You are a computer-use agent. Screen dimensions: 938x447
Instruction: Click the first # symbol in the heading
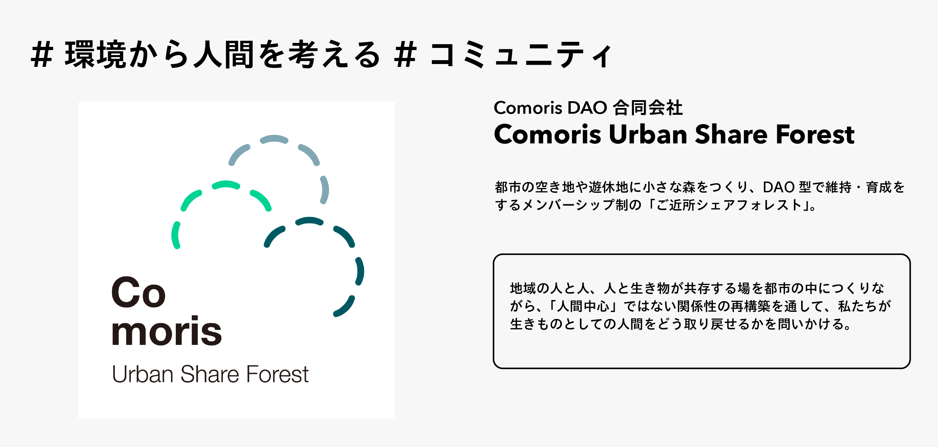(x=42, y=55)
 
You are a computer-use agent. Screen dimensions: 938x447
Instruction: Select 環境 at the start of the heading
(x=96, y=55)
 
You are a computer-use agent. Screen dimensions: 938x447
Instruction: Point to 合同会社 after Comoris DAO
(x=647, y=108)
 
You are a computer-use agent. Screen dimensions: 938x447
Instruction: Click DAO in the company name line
(x=587, y=108)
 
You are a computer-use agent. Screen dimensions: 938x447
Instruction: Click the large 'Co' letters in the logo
(x=138, y=292)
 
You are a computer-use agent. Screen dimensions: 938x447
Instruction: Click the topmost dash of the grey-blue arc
(x=274, y=139)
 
